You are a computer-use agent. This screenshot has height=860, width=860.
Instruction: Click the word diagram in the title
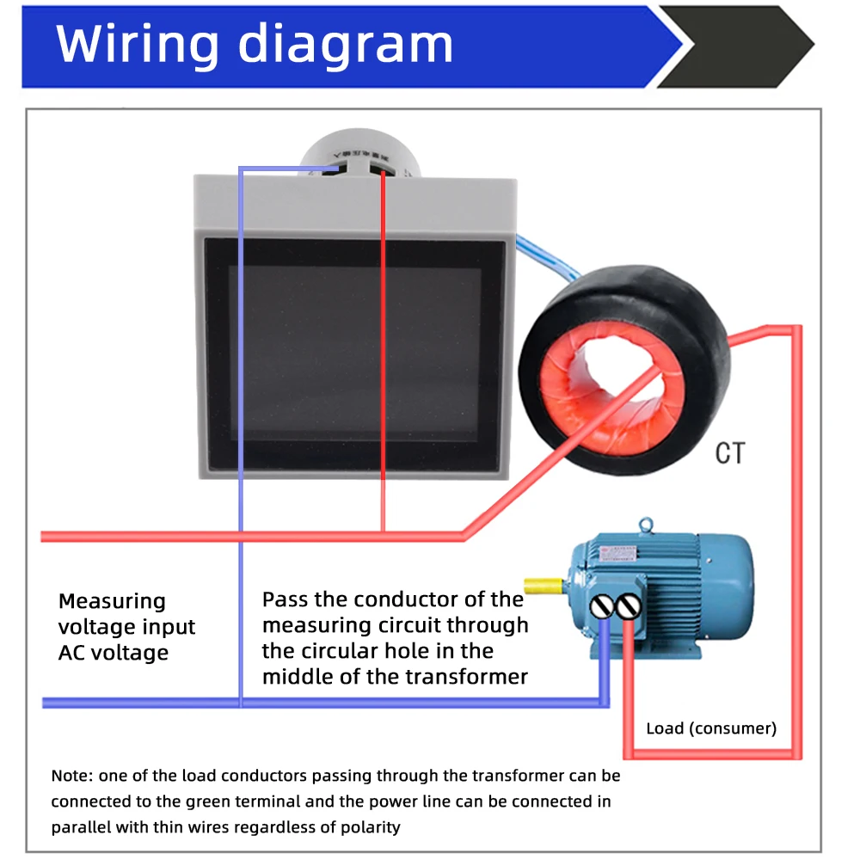pyautogui.click(x=345, y=45)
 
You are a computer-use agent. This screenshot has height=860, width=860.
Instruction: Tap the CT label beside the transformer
pyautogui.click(x=730, y=453)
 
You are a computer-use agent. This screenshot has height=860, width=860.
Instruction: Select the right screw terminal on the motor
pyautogui.click(x=630, y=607)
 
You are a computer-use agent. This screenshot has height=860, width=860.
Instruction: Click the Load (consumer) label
pyautogui.click(x=711, y=729)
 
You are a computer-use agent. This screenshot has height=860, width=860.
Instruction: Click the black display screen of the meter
pyautogui.click(x=354, y=353)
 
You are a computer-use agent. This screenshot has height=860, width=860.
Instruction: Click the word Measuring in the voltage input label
pyautogui.click(x=112, y=601)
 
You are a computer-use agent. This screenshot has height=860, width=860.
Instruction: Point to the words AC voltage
pyautogui.click(x=114, y=653)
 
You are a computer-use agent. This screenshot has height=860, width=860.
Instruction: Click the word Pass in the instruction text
pyautogui.click(x=286, y=599)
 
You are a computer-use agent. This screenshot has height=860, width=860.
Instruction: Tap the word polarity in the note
pyautogui.click(x=371, y=827)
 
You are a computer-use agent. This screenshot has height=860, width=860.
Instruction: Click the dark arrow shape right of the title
pyautogui.click(x=740, y=46)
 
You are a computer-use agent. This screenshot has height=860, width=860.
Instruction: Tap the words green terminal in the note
pyautogui.click(x=252, y=802)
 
